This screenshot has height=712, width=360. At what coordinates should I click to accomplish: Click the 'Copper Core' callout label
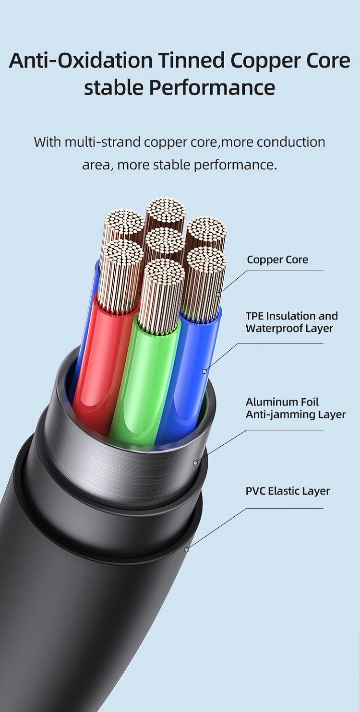[277, 260]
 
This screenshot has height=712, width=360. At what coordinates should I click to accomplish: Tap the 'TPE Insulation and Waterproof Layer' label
[292, 322]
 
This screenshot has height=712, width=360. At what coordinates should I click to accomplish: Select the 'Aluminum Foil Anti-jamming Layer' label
[296, 408]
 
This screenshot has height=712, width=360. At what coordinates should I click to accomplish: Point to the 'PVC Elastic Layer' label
[288, 491]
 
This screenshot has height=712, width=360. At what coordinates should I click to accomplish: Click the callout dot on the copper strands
[218, 294]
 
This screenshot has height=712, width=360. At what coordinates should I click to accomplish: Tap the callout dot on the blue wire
[204, 371]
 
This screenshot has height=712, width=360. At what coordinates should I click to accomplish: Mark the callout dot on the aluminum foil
[195, 463]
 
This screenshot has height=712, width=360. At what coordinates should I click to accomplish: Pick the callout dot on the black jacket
[187, 549]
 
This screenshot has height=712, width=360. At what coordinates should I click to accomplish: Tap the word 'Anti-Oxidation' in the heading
[81, 60]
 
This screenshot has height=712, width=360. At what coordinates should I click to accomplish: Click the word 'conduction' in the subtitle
[291, 142]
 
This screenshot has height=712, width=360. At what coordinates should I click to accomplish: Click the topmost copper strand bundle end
[166, 210]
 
